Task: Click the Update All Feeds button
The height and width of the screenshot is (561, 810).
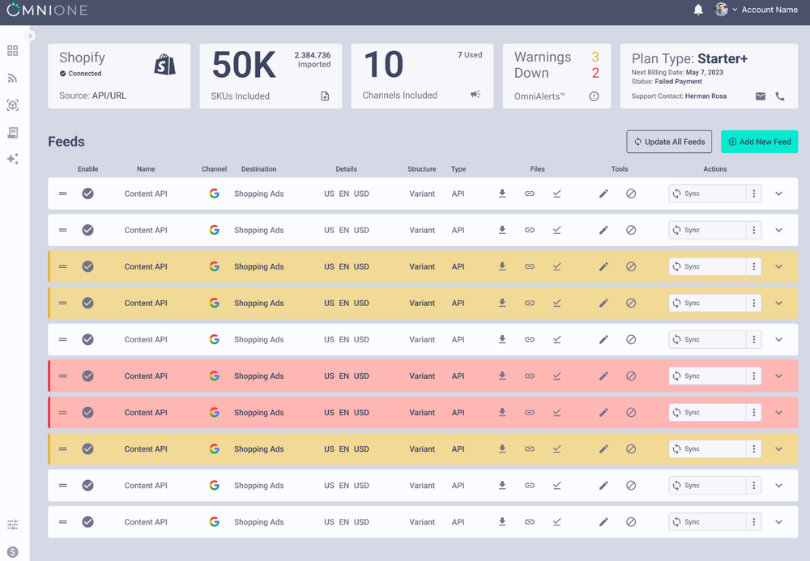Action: tap(669, 142)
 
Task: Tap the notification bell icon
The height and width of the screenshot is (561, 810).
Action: tap(698, 10)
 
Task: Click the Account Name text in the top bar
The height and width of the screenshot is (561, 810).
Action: tap(769, 10)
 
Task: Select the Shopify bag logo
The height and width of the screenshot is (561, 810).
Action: tap(164, 66)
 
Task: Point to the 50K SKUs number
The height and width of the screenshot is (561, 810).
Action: tap(244, 66)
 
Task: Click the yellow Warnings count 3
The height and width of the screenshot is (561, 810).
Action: tap(595, 57)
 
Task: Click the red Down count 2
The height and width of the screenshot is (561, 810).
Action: tap(595, 74)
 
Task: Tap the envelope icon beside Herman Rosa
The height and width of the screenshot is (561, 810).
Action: tap(761, 96)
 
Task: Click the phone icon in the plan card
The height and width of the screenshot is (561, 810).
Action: tap(780, 96)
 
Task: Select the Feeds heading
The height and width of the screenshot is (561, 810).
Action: tap(66, 142)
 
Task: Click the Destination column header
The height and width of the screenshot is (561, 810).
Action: tap(258, 169)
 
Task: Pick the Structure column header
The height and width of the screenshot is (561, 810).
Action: tap(422, 169)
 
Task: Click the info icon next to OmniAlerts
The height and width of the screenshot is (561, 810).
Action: tap(594, 96)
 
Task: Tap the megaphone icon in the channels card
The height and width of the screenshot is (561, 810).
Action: tap(475, 95)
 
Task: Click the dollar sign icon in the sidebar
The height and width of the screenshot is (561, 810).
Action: tap(12, 552)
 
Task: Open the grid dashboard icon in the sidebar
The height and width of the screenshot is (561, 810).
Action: tap(12, 51)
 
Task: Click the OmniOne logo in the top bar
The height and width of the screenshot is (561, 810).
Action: tap(47, 11)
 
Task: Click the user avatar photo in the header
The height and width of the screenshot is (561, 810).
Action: tap(721, 10)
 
